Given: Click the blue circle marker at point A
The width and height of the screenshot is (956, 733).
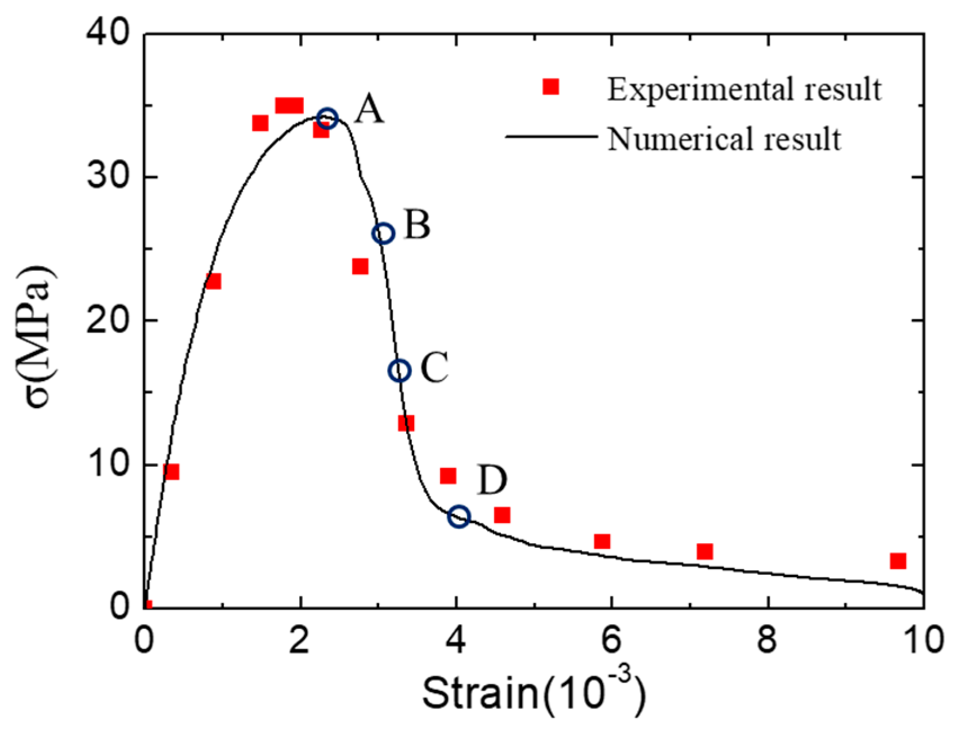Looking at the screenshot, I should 327,118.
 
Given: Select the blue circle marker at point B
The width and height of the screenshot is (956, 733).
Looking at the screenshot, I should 383,233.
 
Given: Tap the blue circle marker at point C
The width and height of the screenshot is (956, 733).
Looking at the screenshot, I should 399,370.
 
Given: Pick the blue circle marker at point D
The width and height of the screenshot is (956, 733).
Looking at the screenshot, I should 459,516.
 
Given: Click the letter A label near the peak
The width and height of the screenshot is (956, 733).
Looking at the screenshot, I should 369,109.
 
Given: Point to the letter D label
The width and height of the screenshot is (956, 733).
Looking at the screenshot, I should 492,480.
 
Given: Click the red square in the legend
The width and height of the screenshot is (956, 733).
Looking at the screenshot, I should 550,87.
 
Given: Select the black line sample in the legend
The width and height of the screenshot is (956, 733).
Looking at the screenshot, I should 551,136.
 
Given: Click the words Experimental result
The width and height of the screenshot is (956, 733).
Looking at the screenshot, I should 744,89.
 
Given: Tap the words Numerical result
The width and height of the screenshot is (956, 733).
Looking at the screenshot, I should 724,138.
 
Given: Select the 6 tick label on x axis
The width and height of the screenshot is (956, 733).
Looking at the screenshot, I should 611,641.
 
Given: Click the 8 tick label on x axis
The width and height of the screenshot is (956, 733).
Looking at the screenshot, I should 767,641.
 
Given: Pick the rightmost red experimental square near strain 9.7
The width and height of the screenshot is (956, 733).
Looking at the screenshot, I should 898,561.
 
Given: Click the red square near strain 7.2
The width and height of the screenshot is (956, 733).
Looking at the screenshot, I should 704,551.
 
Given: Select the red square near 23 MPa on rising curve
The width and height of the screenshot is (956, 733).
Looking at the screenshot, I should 213,281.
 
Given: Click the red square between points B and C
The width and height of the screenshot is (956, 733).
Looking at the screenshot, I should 360,266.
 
